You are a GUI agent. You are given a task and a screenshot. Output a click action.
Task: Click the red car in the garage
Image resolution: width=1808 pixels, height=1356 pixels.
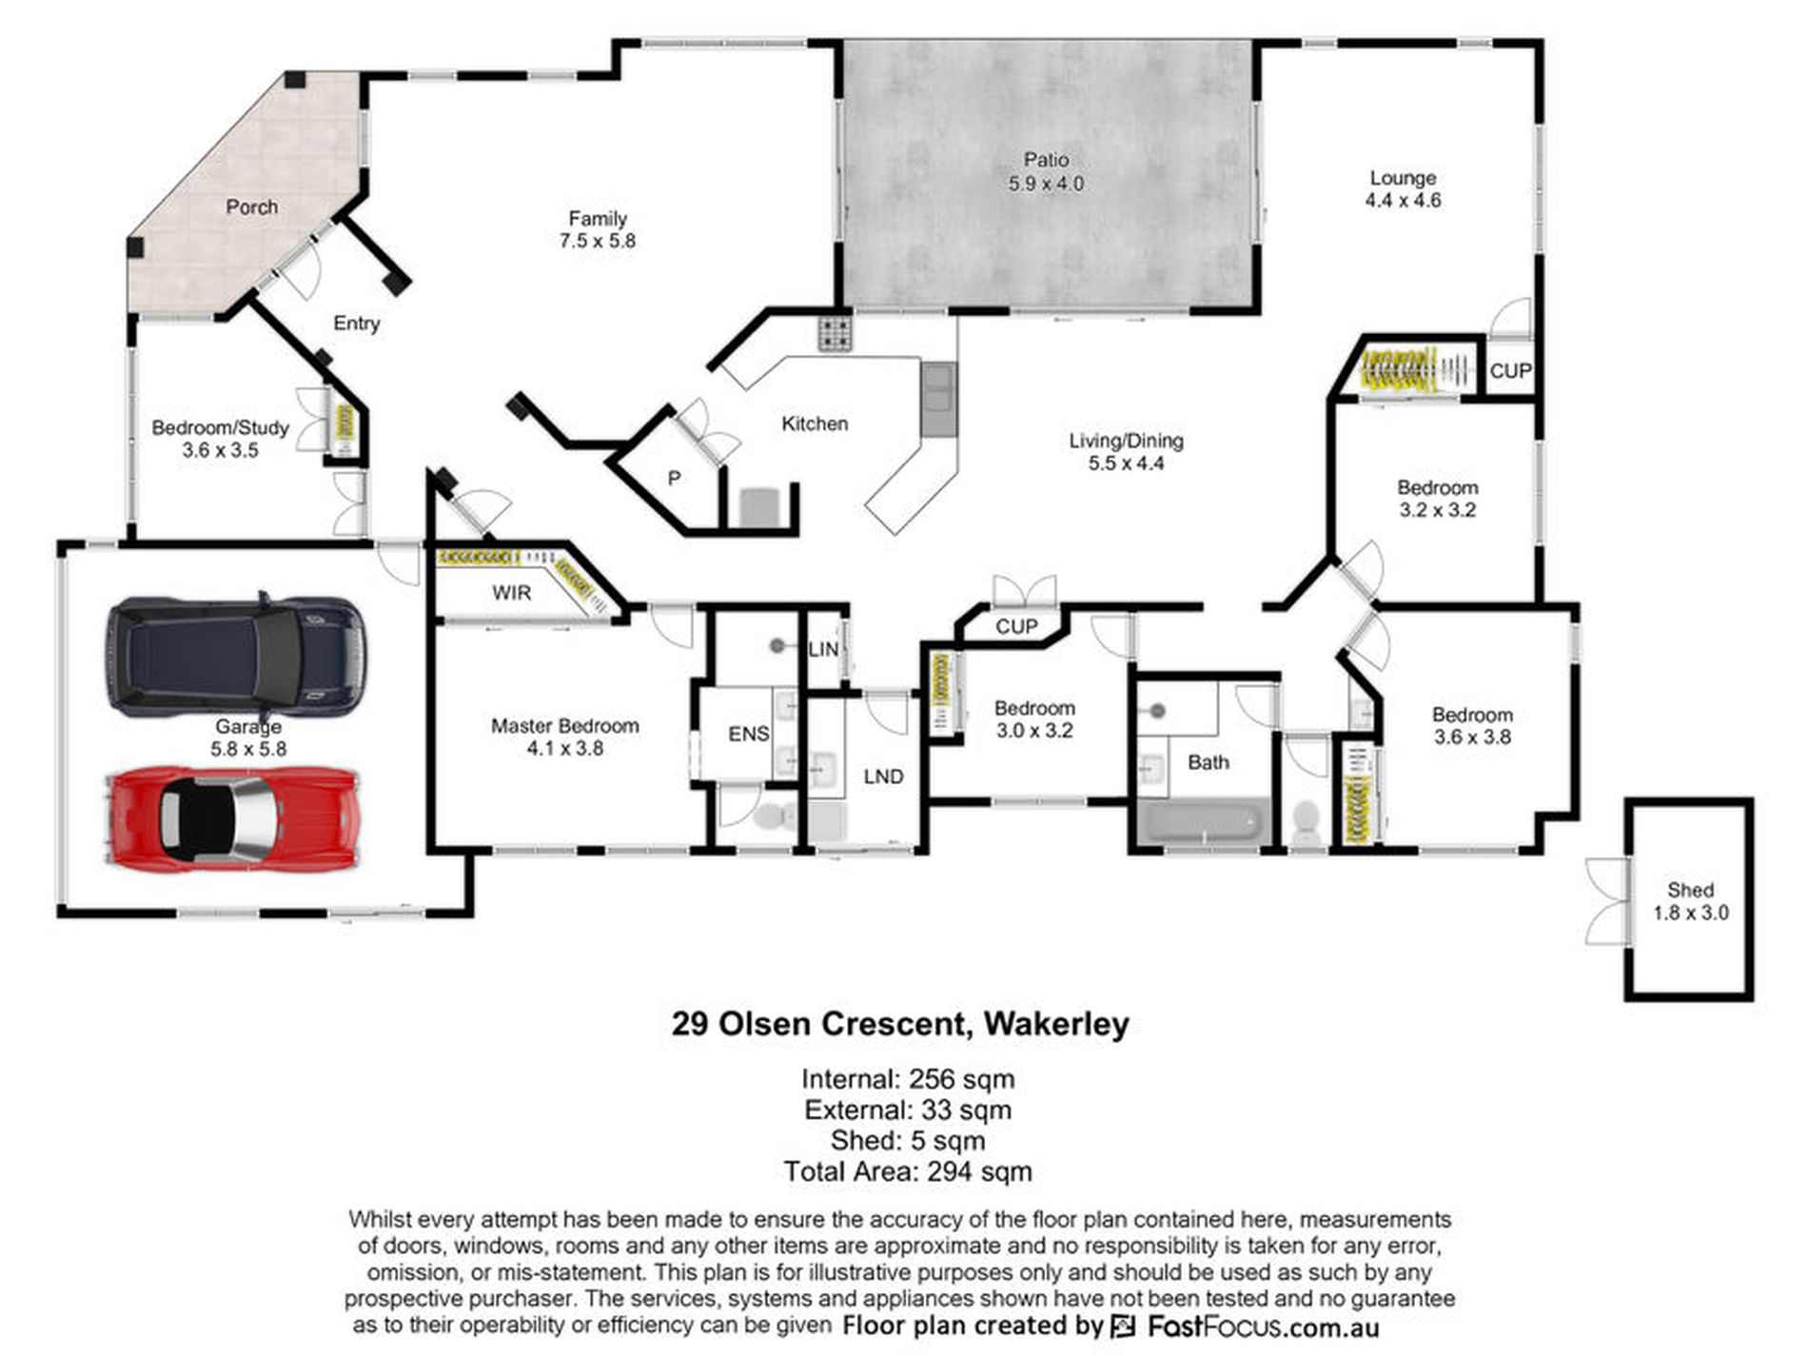click(233, 818)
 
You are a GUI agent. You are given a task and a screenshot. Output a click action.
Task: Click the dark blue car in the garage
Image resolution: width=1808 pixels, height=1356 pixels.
click(235, 657)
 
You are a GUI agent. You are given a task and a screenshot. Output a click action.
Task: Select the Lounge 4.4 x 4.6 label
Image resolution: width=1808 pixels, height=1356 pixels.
click(1403, 188)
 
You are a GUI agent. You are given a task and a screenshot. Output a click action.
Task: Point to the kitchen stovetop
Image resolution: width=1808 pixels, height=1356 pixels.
click(835, 333)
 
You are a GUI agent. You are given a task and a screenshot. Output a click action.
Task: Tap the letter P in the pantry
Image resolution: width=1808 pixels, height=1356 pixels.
click(674, 478)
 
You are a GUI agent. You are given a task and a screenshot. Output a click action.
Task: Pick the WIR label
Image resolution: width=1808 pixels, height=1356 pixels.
click(511, 593)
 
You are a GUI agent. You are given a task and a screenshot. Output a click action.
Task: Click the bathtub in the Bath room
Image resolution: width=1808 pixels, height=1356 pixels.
click(1204, 821)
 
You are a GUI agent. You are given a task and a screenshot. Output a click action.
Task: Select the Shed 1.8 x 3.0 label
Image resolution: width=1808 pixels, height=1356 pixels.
click(1690, 901)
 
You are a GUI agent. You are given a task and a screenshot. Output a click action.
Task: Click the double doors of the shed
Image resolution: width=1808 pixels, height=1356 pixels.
click(1607, 901)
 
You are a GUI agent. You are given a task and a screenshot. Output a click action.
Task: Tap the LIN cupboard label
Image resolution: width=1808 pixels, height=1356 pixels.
click(823, 649)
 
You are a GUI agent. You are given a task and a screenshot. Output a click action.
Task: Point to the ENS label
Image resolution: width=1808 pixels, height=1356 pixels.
click(749, 734)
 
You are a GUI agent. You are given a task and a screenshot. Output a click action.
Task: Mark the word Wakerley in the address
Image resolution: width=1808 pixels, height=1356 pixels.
click(1056, 1024)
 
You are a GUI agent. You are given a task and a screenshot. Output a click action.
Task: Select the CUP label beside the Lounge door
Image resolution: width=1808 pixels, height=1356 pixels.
click(1510, 370)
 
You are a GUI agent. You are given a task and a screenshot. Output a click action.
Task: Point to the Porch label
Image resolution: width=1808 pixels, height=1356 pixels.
click(252, 206)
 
